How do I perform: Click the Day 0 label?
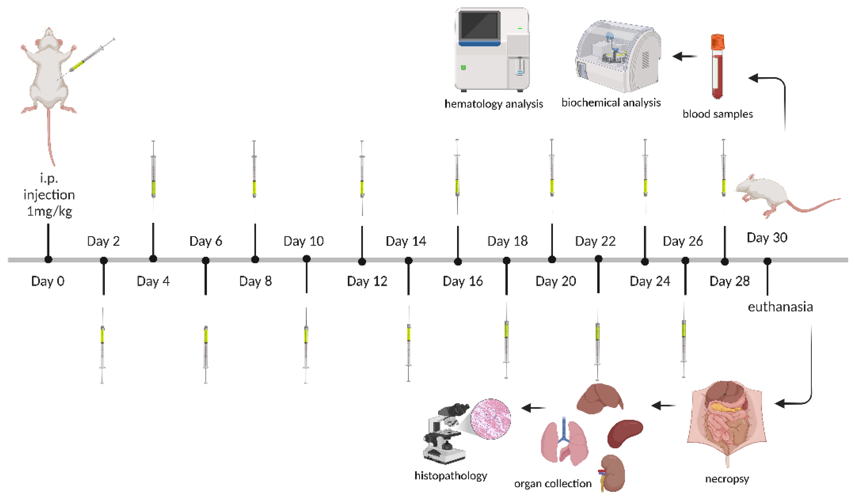pos(48,281)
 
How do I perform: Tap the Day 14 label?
pos(406,241)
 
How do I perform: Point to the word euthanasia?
pos(780,307)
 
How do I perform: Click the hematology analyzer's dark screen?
pos(479,25)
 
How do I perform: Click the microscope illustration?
pos(444,434)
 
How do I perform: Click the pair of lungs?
pos(564,443)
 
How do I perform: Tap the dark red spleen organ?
pos(624,433)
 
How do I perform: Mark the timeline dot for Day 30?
pos(767,261)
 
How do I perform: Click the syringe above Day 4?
pos(153,176)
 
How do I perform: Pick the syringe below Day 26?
pos(684,343)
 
